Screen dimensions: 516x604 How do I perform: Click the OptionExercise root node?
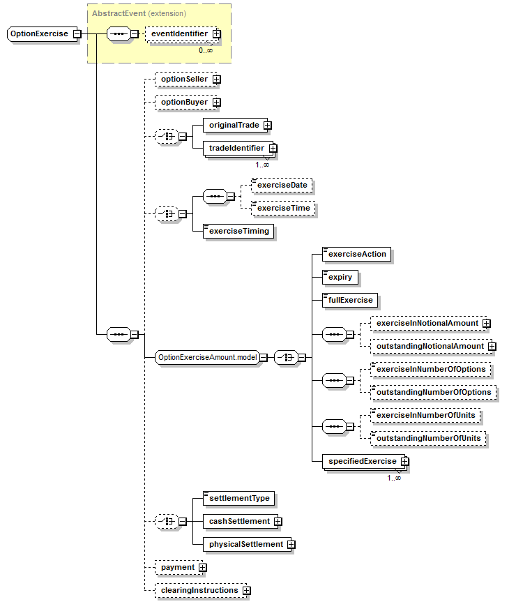click(43, 34)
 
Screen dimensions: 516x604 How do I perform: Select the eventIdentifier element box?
click(183, 34)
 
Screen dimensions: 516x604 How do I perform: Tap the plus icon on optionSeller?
click(217, 80)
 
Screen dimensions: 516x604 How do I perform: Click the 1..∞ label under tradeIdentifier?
click(262, 165)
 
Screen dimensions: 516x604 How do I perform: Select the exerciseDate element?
click(282, 186)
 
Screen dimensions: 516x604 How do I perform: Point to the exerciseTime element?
click(283, 208)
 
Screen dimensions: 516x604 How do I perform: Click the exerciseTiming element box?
click(238, 231)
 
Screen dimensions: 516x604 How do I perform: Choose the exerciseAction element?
click(356, 255)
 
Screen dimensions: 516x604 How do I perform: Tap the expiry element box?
click(340, 278)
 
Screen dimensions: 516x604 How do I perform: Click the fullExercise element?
click(350, 300)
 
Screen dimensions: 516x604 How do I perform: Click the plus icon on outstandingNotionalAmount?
click(492, 347)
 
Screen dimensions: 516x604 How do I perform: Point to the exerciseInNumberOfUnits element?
click(425, 415)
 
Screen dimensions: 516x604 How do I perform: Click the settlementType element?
click(238, 499)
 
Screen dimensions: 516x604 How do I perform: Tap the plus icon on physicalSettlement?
click(291, 544)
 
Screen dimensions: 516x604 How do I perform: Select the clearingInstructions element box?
click(201, 591)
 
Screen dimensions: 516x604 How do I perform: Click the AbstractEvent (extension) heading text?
click(139, 13)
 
